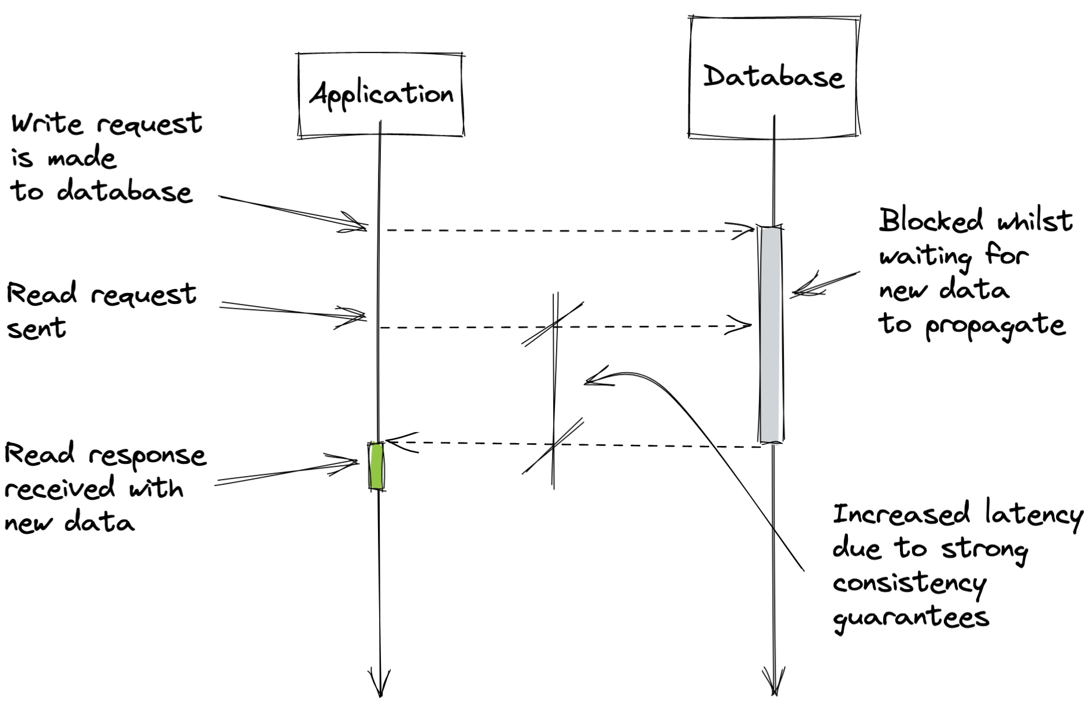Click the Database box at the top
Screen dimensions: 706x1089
[773, 77]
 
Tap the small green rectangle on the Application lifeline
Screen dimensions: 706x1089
[376, 466]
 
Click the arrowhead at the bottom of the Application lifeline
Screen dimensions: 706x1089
[380, 685]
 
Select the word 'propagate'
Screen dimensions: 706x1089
[995, 326]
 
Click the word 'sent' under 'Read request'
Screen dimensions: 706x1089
[36, 328]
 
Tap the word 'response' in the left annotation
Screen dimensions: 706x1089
[147, 456]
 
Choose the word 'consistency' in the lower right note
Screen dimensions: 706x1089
[909, 584]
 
